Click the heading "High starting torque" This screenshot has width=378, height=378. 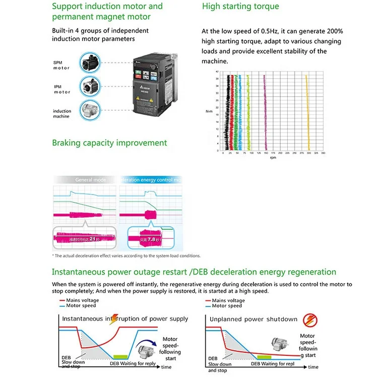tap(240, 7)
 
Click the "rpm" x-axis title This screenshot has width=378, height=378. tap(273, 158)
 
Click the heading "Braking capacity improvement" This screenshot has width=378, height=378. tap(109, 143)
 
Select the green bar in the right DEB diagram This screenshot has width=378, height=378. tap(264, 357)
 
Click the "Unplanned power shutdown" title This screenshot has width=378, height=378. tap(253, 319)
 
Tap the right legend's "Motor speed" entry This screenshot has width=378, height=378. tap(227, 306)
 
